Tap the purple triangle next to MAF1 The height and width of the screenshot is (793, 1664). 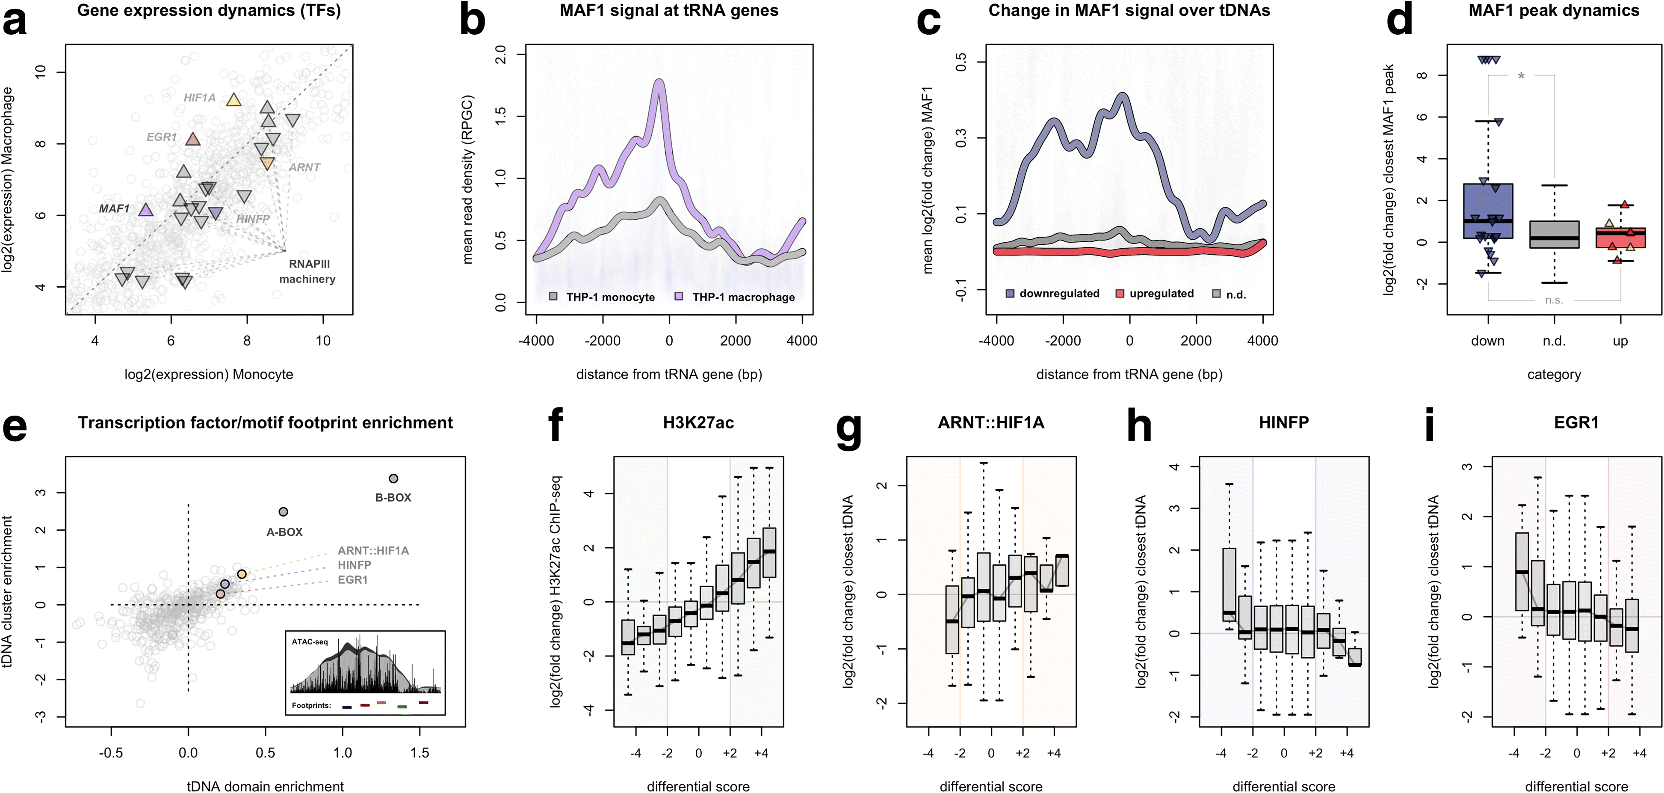pyautogui.click(x=146, y=209)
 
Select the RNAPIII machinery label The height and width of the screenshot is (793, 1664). pyautogui.click(x=307, y=271)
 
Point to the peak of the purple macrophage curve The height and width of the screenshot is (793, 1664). pyautogui.click(x=659, y=82)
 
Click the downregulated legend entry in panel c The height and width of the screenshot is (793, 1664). pyautogui.click(x=1053, y=294)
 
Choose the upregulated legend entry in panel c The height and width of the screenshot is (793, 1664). pyautogui.click(x=1155, y=294)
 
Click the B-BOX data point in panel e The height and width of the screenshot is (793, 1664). pyautogui.click(x=393, y=478)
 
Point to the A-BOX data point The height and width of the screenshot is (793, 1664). pyautogui.click(x=283, y=512)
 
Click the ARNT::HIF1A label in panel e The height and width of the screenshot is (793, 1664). pyautogui.click(x=373, y=551)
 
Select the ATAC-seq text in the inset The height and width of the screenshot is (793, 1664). pyautogui.click(x=310, y=642)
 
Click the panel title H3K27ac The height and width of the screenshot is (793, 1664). pyautogui.click(x=698, y=423)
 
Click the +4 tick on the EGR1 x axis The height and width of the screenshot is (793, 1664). pyautogui.click(x=1640, y=753)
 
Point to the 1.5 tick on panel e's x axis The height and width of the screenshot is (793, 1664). pyautogui.click(x=420, y=753)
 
